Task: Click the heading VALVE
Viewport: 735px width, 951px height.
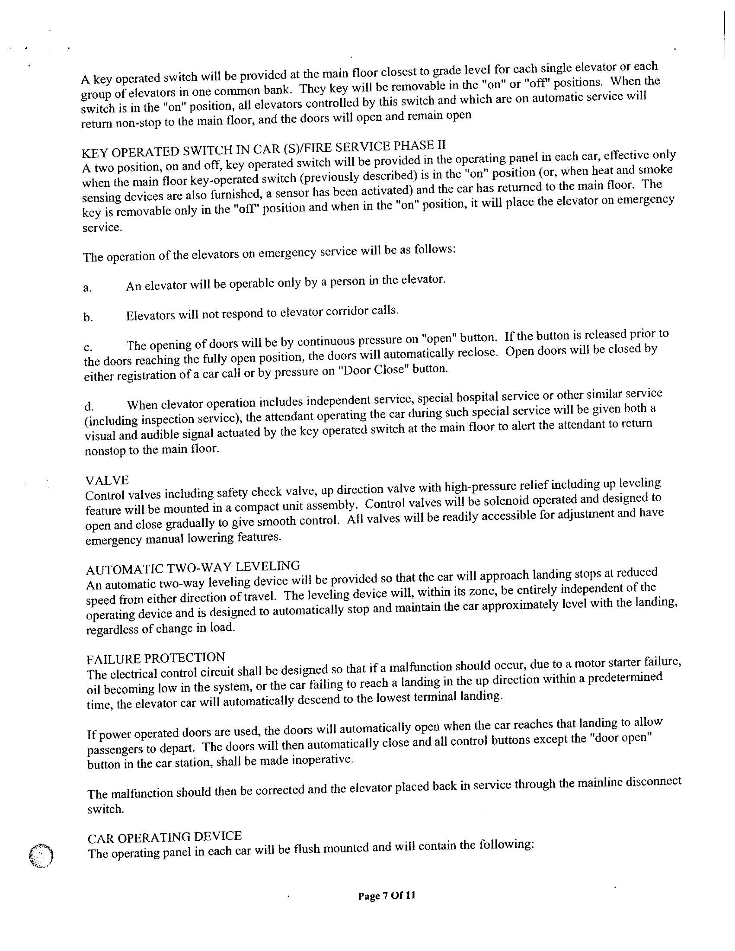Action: click(107, 480)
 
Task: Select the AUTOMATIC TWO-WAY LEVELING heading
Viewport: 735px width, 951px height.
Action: click(193, 567)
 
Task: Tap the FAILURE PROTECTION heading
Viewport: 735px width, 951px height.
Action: click(156, 658)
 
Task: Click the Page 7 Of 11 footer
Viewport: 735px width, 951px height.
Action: click(386, 896)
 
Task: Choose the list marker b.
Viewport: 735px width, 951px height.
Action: click(87, 318)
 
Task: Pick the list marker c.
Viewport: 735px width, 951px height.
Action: click(87, 348)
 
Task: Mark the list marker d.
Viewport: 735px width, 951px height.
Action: click(88, 407)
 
